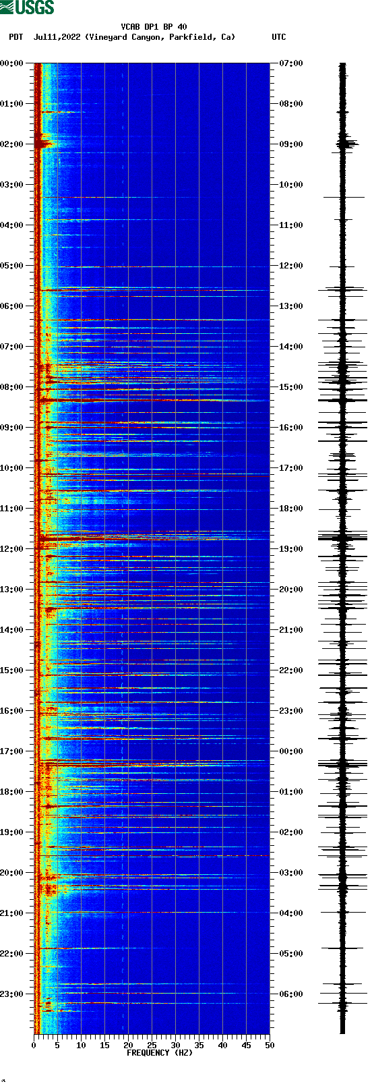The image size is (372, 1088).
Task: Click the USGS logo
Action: (27, 7)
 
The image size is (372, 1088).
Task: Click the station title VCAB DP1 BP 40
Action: (154, 27)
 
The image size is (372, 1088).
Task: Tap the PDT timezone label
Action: (15, 37)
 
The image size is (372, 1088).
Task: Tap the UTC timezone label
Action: (278, 37)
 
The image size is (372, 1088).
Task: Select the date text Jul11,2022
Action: (57, 37)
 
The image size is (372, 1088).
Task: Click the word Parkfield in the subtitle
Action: (195, 37)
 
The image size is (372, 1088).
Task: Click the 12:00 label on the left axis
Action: (11, 548)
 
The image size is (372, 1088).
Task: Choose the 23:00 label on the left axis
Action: (11, 994)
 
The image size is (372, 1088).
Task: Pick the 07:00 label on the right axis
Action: (291, 63)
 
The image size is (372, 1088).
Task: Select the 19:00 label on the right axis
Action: (291, 548)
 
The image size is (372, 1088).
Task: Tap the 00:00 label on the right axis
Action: (291, 751)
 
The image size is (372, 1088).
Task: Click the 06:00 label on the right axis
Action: (291, 994)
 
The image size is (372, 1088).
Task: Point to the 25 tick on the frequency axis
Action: (152, 1045)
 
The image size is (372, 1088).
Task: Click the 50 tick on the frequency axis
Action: (270, 1045)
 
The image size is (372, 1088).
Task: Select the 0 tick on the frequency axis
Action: (34, 1045)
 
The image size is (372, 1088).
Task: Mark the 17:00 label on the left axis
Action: (11, 751)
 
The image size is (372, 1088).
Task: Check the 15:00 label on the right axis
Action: (291, 386)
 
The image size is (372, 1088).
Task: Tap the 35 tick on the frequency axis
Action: (199, 1045)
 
